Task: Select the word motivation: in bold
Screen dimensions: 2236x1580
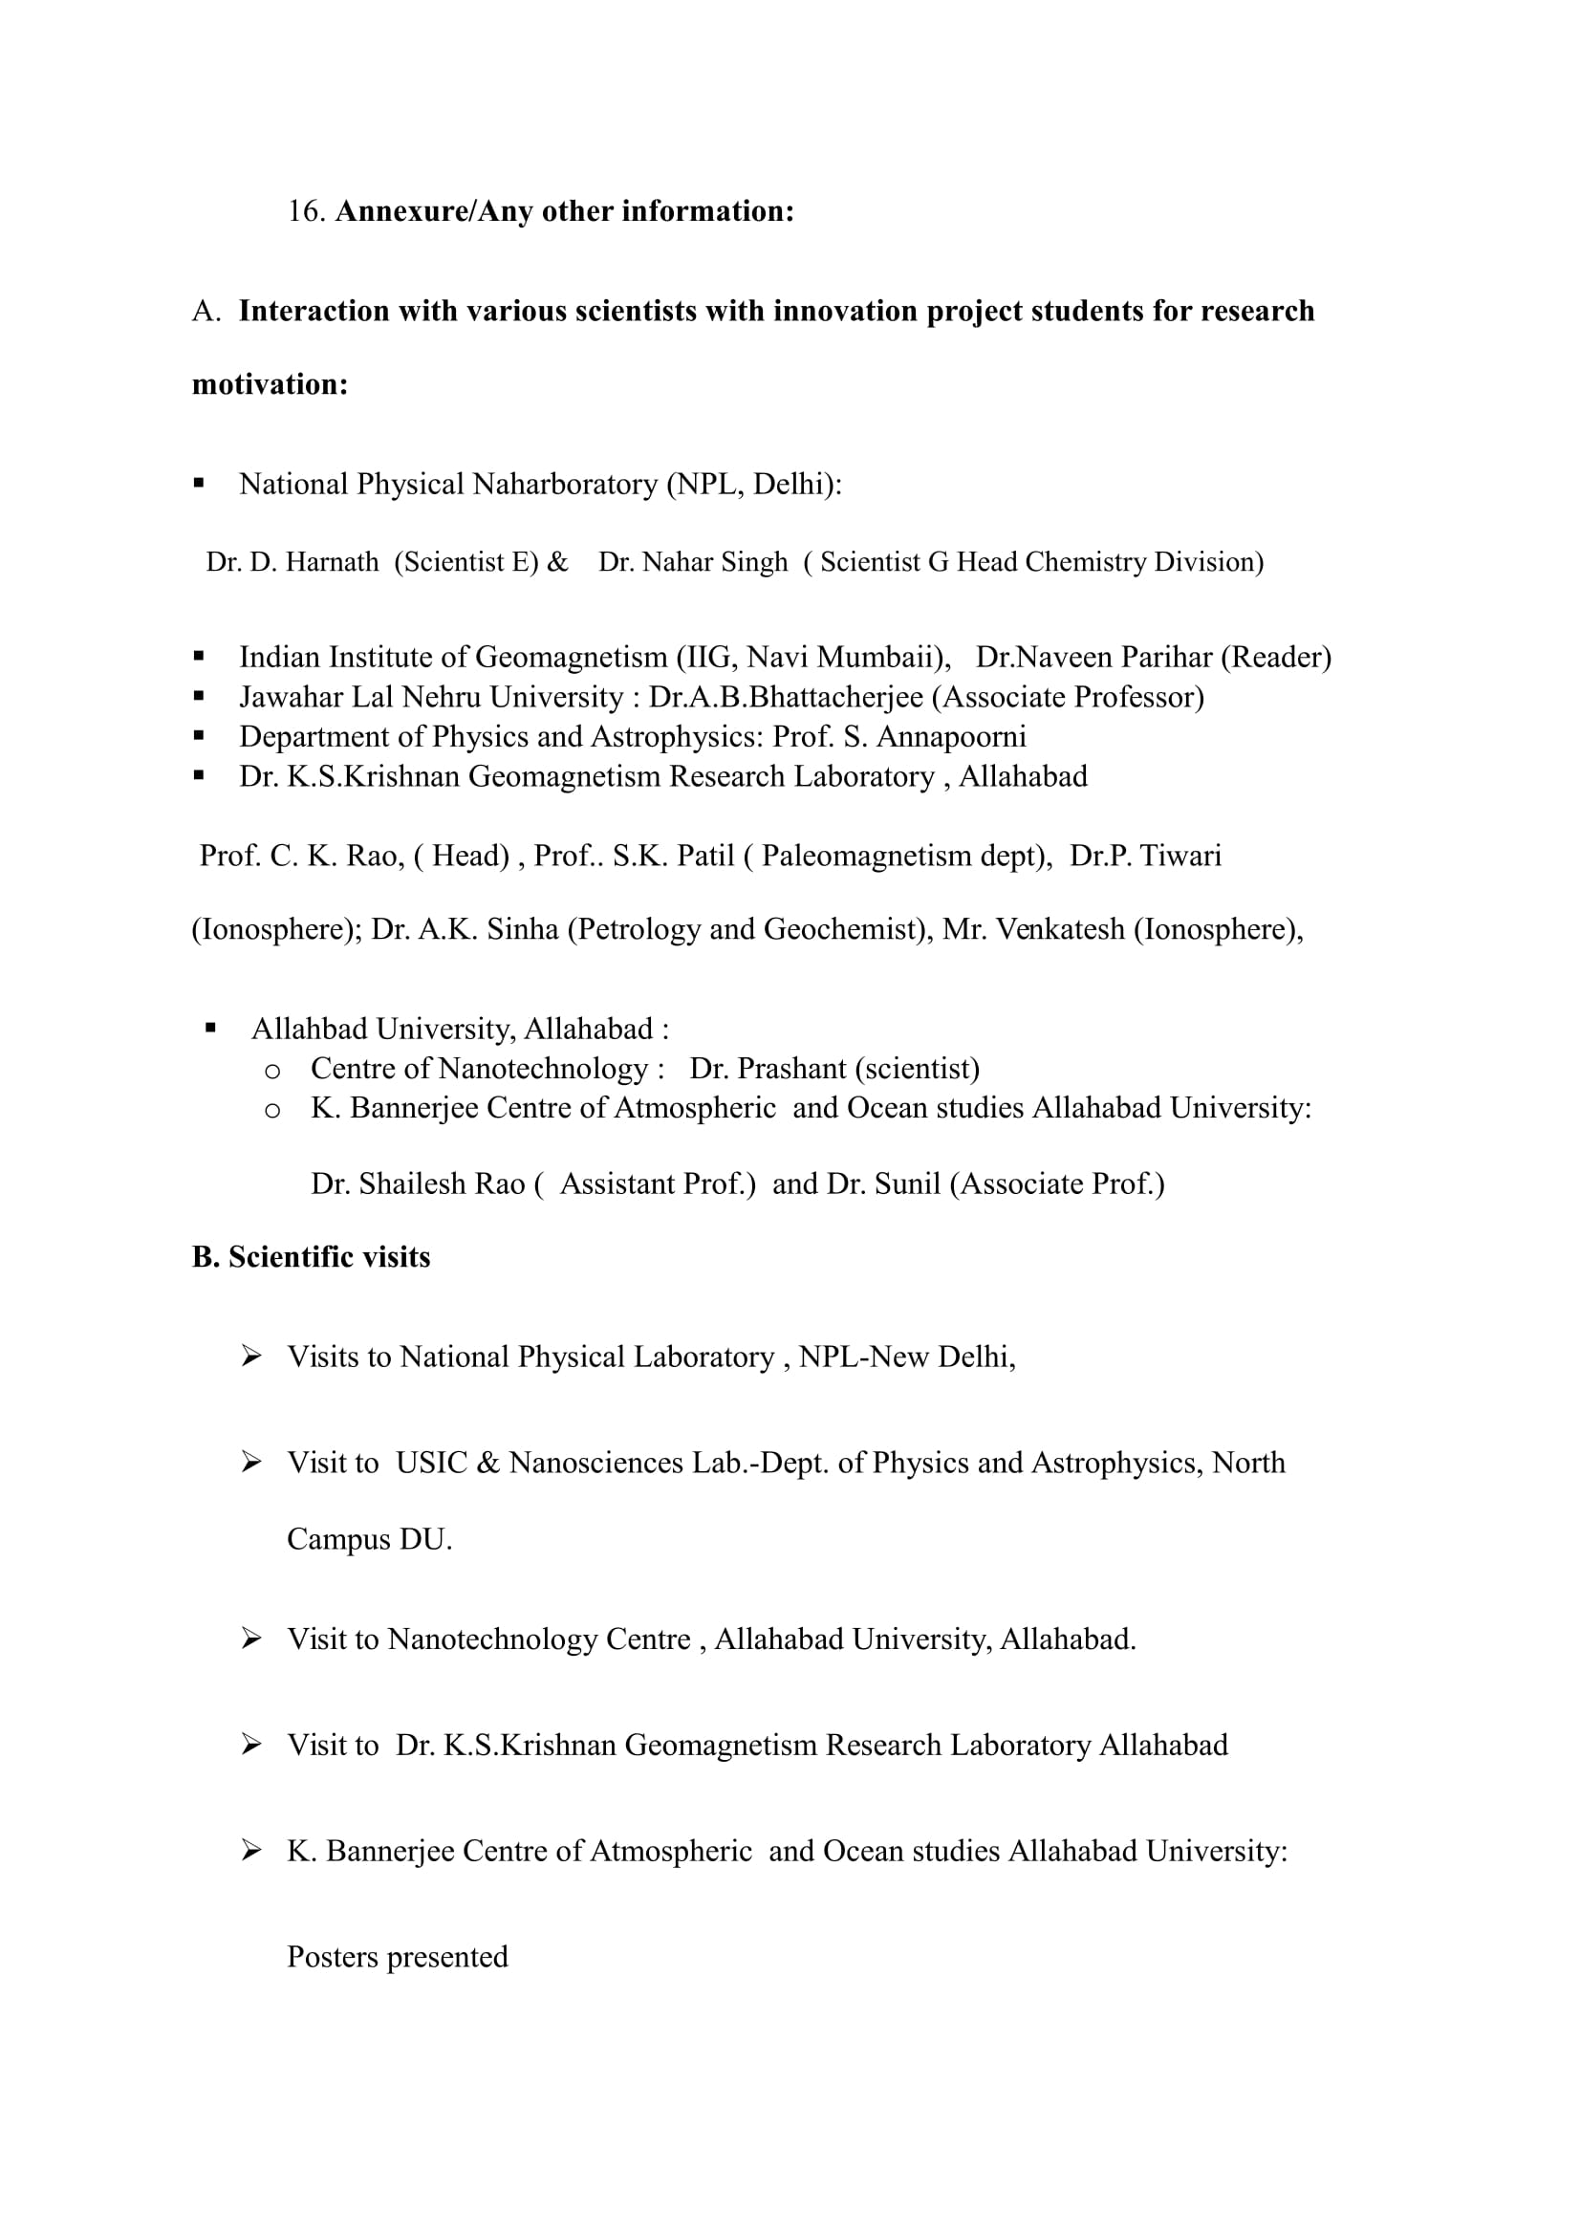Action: click(270, 384)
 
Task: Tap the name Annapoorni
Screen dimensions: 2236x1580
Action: click(951, 737)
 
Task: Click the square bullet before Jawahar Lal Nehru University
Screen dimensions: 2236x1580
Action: click(199, 696)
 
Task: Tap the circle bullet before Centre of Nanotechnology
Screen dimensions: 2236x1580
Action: click(272, 1072)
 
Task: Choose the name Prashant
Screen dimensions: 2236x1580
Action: click(791, 1070)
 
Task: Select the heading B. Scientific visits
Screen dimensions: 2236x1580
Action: click(311, 1257)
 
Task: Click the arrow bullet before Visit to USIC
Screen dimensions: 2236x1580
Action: click(251, 1462)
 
